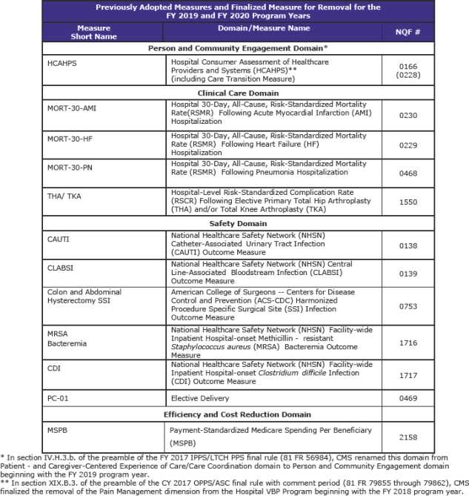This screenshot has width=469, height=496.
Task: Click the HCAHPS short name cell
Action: coord(61,63)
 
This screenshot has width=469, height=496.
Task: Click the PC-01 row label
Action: coord(59,399)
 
